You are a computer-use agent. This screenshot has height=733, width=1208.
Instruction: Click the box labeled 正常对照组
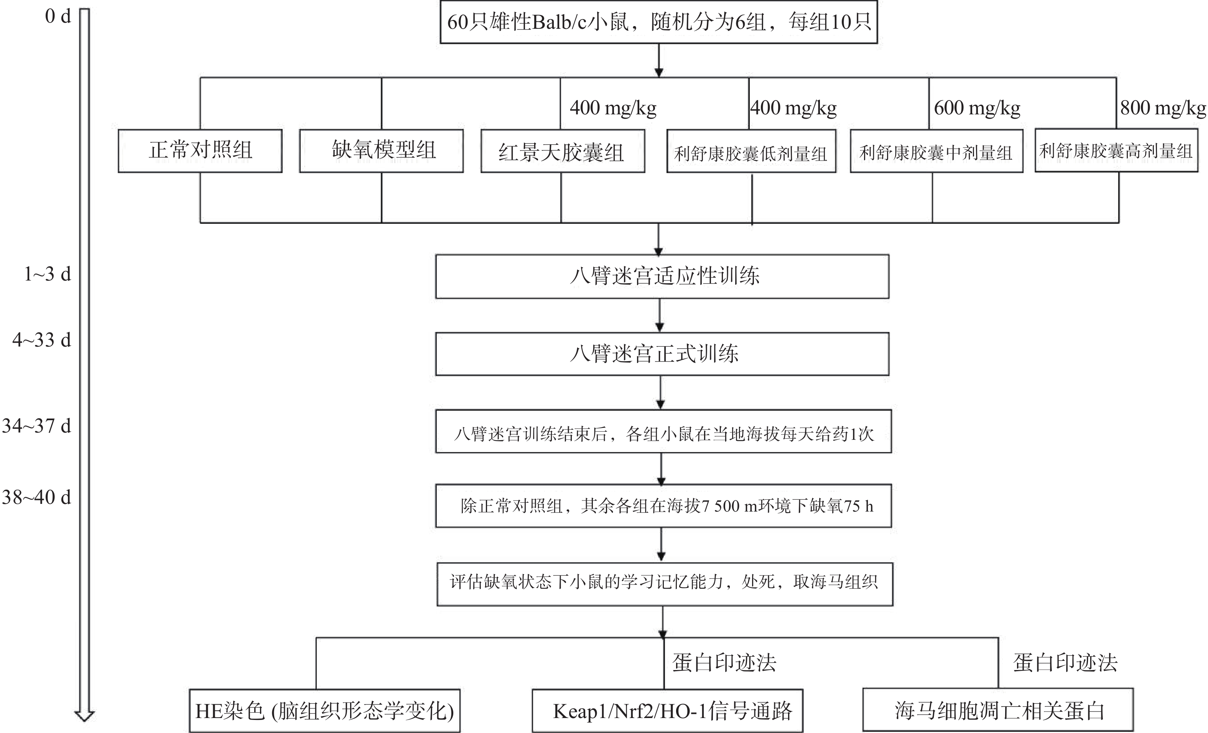pyautogui.click(x=200, y=150)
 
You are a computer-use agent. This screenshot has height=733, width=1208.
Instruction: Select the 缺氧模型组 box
pyautogui.click(x=382, y=150)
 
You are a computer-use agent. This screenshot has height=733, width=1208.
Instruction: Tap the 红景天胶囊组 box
pyautogui.click(x=562, y=151)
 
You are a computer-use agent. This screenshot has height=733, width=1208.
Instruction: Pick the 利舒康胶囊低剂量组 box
pyautogui.click(x=751, y=152)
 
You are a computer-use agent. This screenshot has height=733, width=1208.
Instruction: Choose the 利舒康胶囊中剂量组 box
pyautogui.click(x=936, y=151)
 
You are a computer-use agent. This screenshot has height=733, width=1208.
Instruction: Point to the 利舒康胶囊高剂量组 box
pyautogui.click(x=1116, y=150)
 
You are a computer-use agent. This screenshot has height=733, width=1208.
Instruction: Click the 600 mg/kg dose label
pyautogui.click(x=977, y=108)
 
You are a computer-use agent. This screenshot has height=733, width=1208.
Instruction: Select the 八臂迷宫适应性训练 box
pyautogui.click(x=662, y=276)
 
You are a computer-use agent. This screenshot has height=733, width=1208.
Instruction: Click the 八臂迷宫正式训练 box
pyautogui.click(x=662, y=354)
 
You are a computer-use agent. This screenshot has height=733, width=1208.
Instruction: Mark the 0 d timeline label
pyautogui.click(x=58, y=17)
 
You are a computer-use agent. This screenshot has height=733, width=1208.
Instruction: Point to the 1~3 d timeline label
pyautogui.click(x=48, y=274)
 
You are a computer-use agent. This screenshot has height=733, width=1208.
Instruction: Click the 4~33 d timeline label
pyautogui.click(x=42, y=340)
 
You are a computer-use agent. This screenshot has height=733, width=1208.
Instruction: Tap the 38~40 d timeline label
pyautogui.click(x=37, y=497)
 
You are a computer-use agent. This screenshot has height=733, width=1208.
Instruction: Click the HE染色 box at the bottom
pyautogui.click(x=324, y=711)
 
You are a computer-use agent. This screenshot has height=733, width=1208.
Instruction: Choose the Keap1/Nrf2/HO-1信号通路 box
pyautogui.click(x=667, y=711)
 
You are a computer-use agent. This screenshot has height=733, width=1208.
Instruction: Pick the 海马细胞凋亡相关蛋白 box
pyautogui.click(x=998, y=710)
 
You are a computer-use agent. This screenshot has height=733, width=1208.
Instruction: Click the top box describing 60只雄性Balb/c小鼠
pyautogui.click(x=658, y=22)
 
